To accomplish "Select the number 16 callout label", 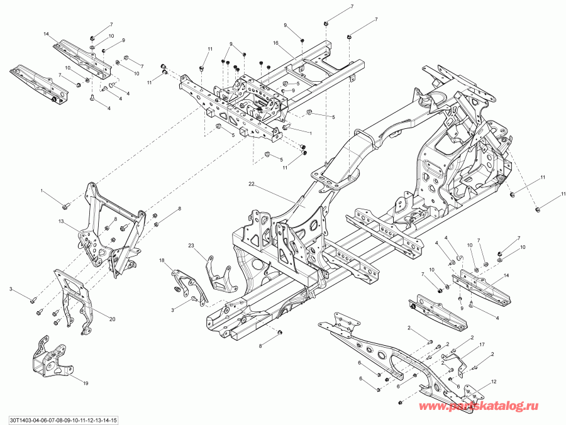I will pos(275,42).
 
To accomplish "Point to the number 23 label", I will pos(192,245).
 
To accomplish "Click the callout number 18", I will pos(162,260).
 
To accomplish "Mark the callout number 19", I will pos(86,382).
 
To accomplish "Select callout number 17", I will pos(482,345).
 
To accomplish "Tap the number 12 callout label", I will pos(494,382).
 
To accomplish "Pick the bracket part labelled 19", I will pos(48,358).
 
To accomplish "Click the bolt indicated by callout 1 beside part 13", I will pos(65,206).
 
